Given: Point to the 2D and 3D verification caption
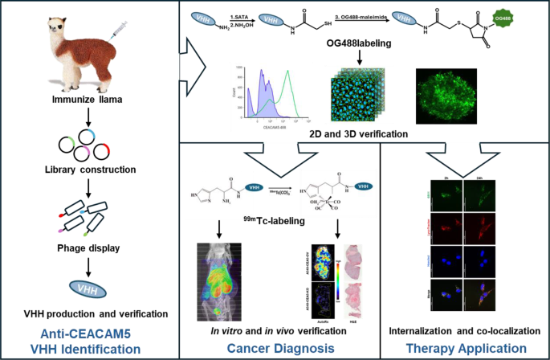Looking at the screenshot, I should click(x=356, y=133).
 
